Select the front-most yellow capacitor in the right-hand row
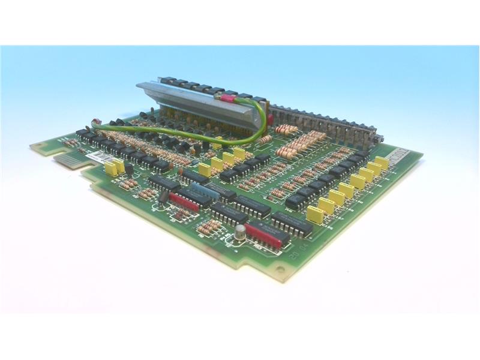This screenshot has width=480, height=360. [314, 215]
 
